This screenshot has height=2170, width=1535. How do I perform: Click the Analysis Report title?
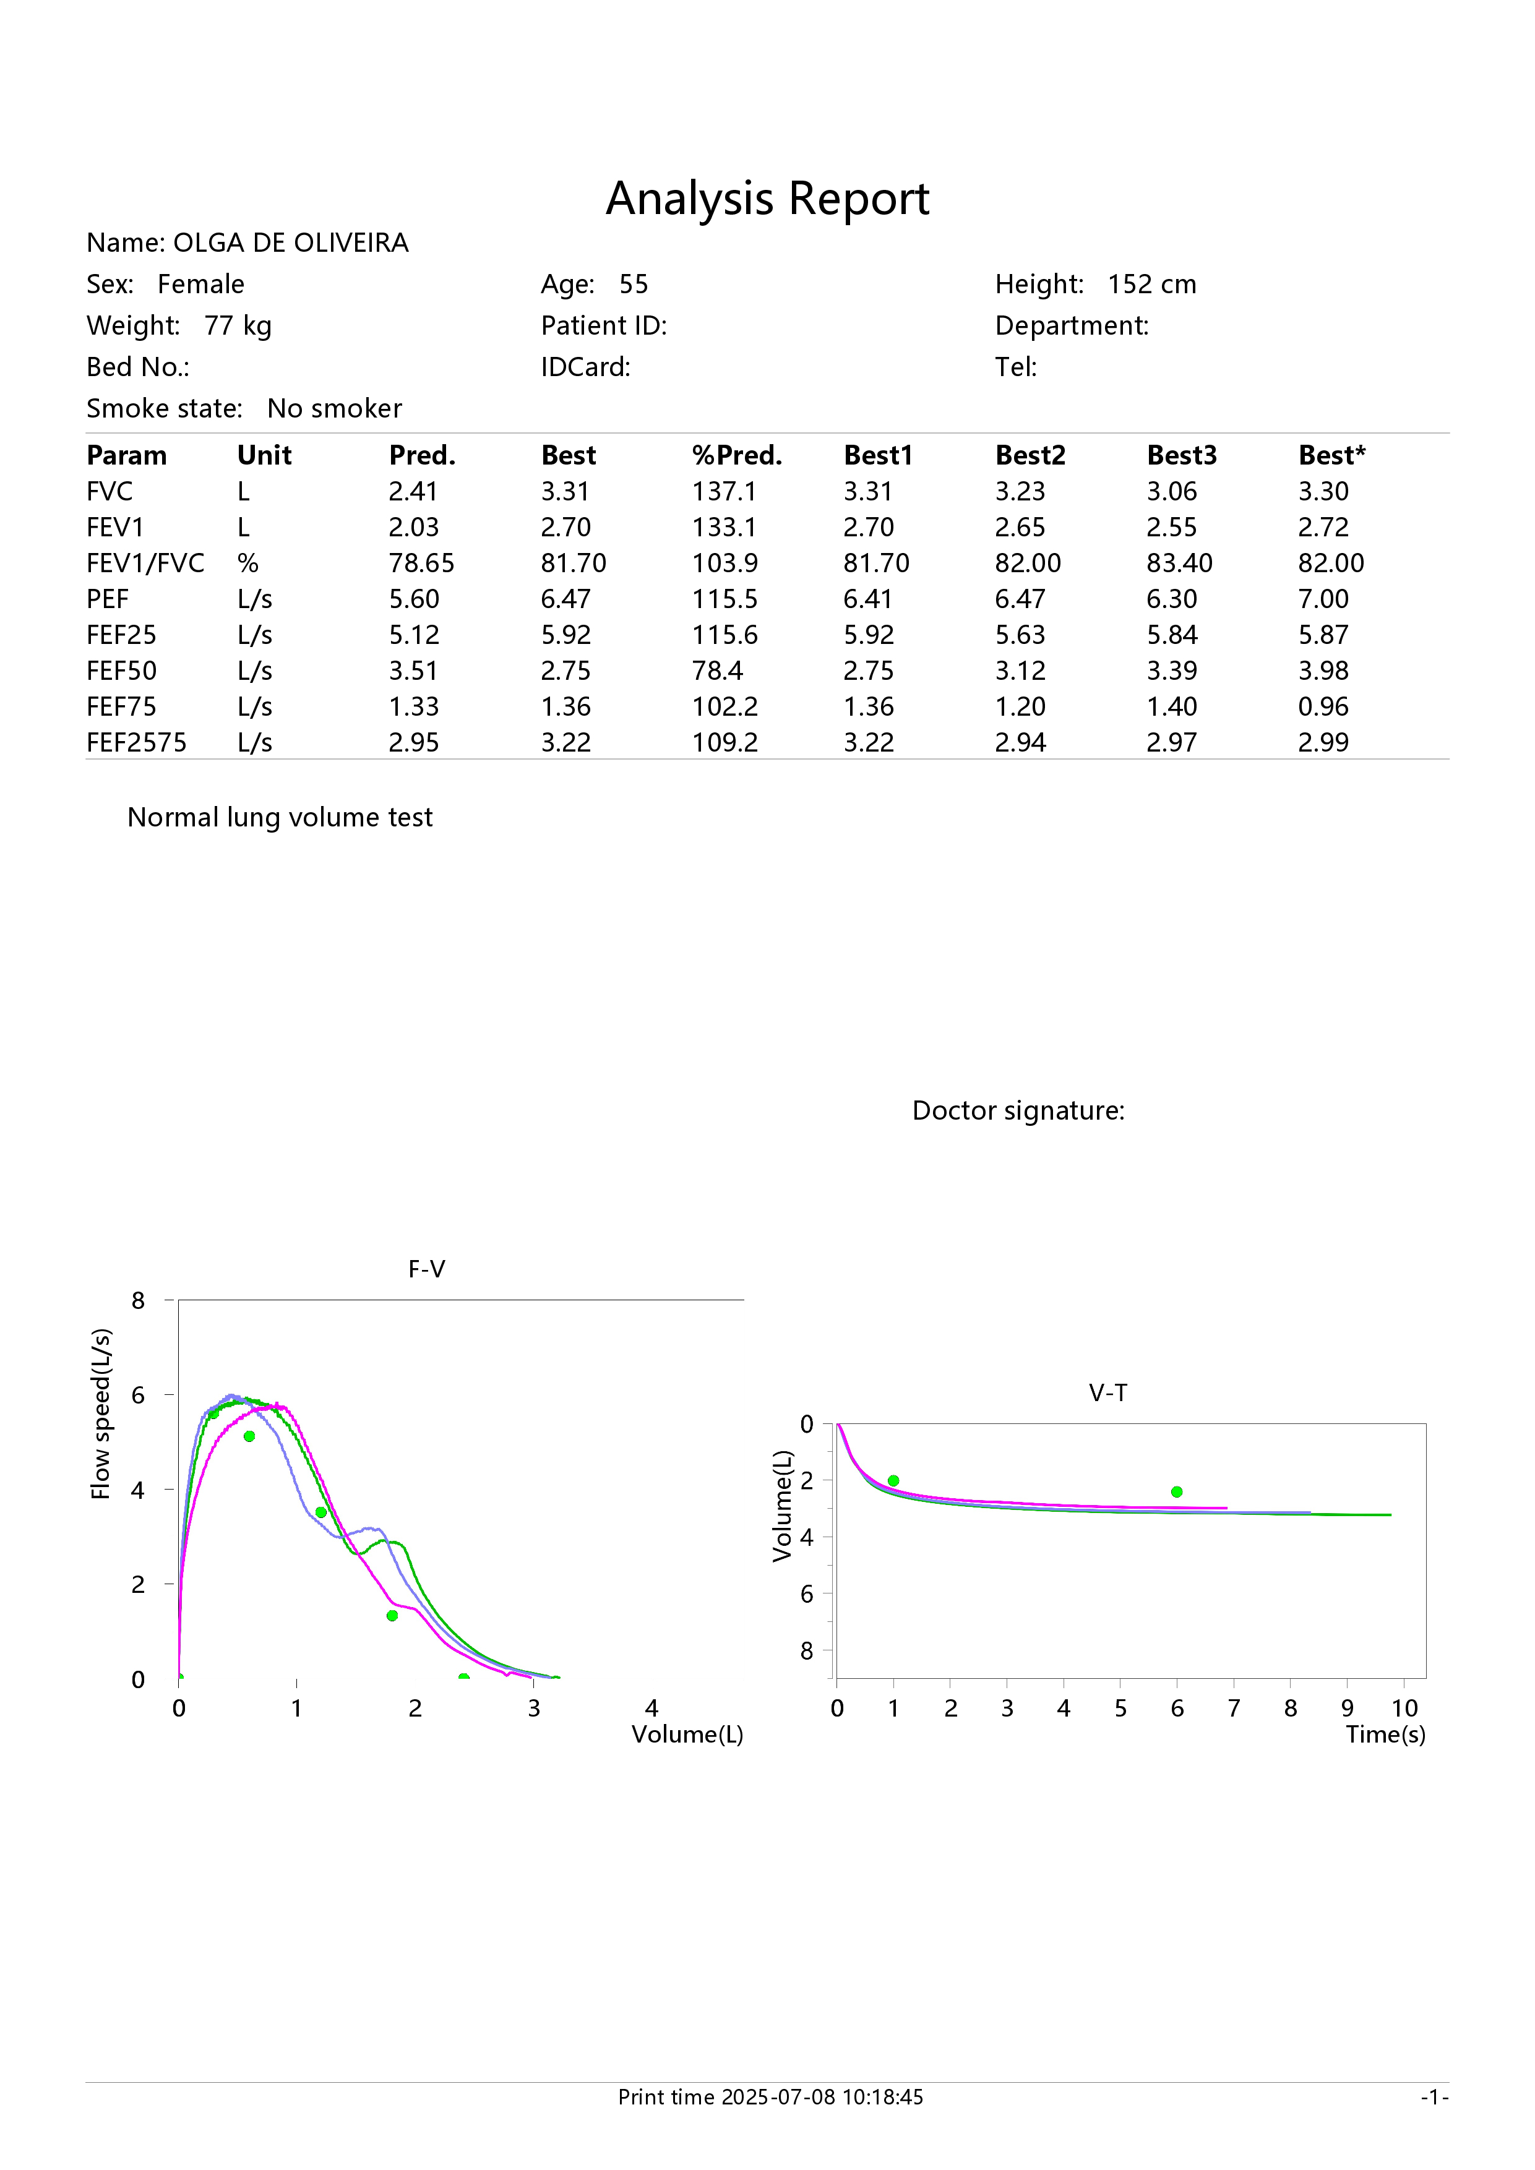[767, 199]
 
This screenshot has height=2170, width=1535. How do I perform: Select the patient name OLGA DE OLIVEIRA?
[291, 243]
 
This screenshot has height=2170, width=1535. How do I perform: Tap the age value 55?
[634, 285]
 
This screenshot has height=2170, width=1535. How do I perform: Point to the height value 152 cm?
[1151, 285]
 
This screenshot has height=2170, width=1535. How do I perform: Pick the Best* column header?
[1332, 455]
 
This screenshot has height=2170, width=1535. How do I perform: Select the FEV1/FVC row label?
[145, 564]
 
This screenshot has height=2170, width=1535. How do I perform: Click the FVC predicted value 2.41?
[413, 491]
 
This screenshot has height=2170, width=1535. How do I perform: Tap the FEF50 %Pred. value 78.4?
[718, 671]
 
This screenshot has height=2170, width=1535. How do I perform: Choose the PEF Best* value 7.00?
[1323, 599]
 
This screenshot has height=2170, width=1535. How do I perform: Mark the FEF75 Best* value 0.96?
[1323, 707]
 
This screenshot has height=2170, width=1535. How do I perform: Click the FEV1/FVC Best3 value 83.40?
[1180, 564]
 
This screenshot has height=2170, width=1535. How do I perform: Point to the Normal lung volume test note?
[280, 818]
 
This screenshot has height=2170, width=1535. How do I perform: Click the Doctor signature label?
[1018, 1110]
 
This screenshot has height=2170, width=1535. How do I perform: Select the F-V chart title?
[426, 1269]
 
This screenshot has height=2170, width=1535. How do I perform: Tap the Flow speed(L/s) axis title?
[101, 1414]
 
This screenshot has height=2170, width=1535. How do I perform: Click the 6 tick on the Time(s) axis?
[1177, 1708]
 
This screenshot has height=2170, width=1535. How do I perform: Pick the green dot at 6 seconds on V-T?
[1177, 1491]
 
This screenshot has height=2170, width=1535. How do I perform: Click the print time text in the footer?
[770, 2097]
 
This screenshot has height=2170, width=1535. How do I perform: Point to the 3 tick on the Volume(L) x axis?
[534, 1708]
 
